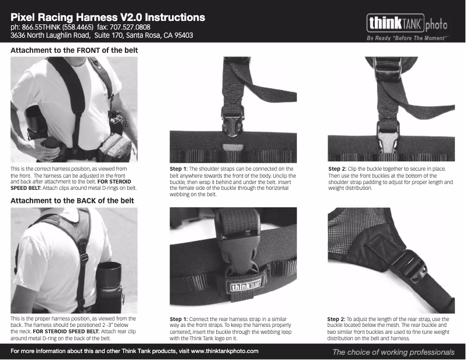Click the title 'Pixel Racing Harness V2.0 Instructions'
coord(107,17)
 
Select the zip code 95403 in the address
coord(182,35)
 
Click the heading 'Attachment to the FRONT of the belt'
coord(74,51)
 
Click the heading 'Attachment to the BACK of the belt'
coord(73,200)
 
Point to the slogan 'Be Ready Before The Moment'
coord(406,38)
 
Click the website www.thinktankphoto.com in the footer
coord(224,351)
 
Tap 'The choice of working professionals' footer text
coord(393,352)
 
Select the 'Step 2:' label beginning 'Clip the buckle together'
coord(338,169)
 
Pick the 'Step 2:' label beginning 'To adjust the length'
coord(337,319)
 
